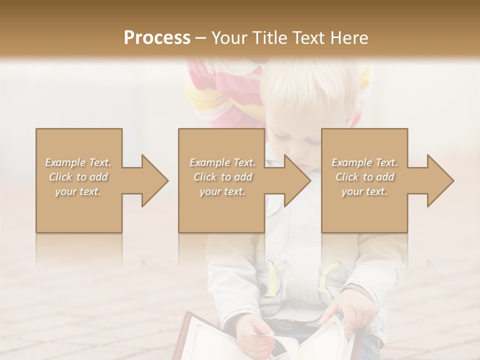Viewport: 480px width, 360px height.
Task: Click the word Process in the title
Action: click(x=157, y=38)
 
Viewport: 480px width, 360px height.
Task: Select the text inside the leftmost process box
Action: click(x=78, y=177)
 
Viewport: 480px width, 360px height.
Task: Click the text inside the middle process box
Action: click(x=222, y=177)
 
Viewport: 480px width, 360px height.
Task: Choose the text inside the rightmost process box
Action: click(x=364, y=177)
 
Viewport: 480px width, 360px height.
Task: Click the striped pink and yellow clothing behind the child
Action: click(x=220, y=95)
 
